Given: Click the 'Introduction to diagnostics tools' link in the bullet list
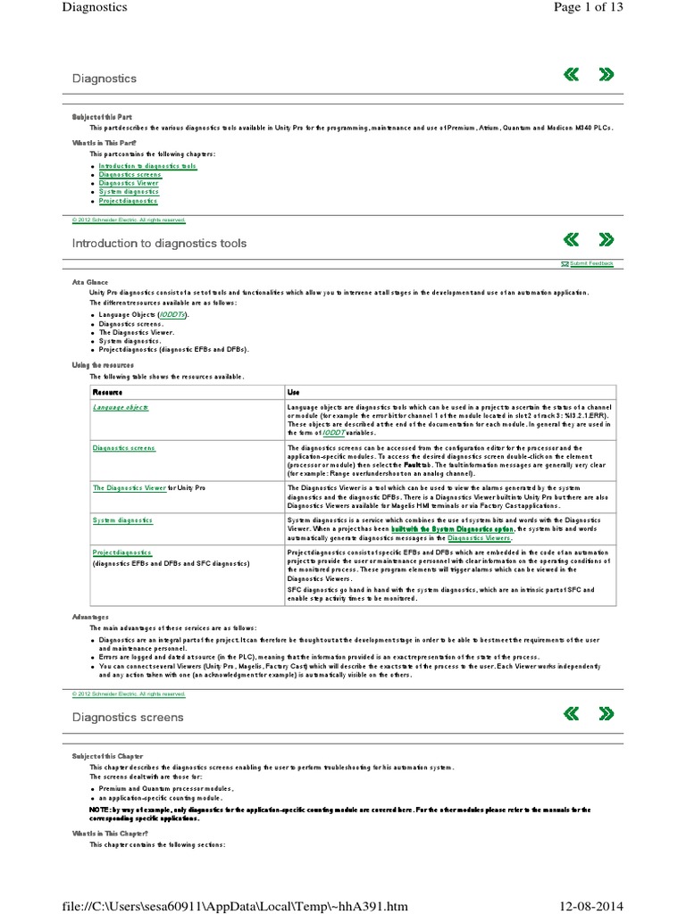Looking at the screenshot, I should [x=147, y=166].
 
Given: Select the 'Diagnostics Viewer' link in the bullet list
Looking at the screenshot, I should [x=129, y=183].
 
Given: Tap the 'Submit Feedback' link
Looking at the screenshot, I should [x=591, y=264].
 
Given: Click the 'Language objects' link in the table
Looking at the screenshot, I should [x=121, y=407].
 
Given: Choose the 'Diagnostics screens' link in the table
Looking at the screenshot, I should [x=124, y=448].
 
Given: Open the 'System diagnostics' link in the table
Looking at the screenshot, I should [x=122, y=519].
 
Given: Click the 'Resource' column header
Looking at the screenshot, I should [x=107, y=392].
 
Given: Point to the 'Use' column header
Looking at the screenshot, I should [x=294, y=392].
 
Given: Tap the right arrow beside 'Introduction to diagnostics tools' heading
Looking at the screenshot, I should [x=606, y=238].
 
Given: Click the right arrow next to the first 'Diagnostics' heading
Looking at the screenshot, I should [x=606, y=74].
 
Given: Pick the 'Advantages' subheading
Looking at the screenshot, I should [x=90, y=616].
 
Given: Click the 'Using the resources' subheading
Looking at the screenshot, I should [x=103, y=365].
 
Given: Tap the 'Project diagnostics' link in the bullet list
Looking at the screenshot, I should [x=129, y=201].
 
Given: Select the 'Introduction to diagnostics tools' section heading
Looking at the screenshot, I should [x=159, y=243].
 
